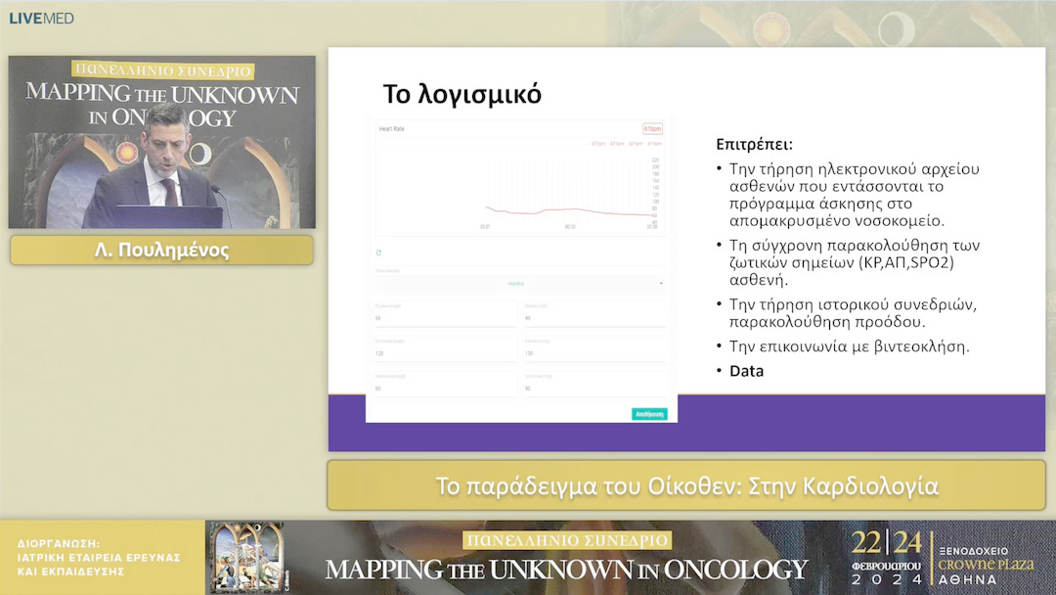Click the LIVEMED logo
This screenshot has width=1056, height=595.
pos(41,19)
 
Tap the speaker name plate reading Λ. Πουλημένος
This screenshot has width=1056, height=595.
pos(161,251)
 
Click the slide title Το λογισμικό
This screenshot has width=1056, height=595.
pos(462,95)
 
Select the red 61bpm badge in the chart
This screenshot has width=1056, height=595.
pos(652,128)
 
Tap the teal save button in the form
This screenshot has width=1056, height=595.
pos(649,414)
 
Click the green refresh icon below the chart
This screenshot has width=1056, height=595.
pos(379,252)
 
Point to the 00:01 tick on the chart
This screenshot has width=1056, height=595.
pos(485,227)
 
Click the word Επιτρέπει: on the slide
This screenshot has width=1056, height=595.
pos(753,144)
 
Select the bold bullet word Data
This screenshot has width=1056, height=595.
pos(747,371)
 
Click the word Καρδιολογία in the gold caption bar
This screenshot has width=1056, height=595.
pos(869,486)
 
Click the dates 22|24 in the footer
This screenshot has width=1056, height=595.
pos(885,543)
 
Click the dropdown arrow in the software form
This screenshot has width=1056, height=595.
pos(661,284)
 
